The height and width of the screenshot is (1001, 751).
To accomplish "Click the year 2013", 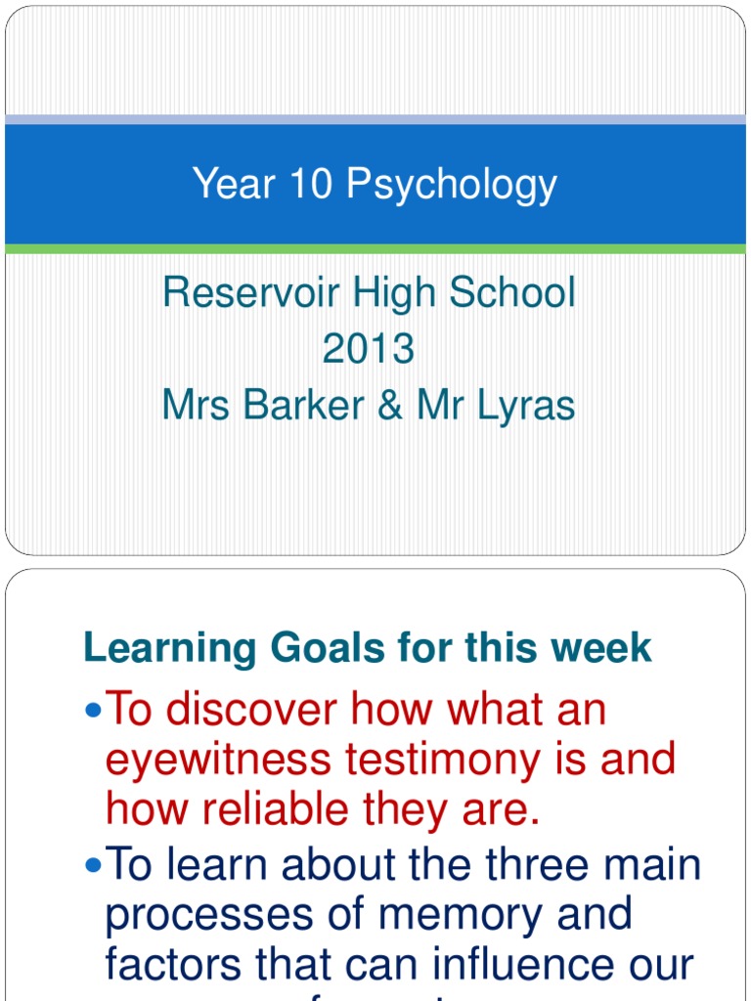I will [x=369, y=349].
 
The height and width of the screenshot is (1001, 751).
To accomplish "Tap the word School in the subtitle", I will [x=518, y=292].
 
